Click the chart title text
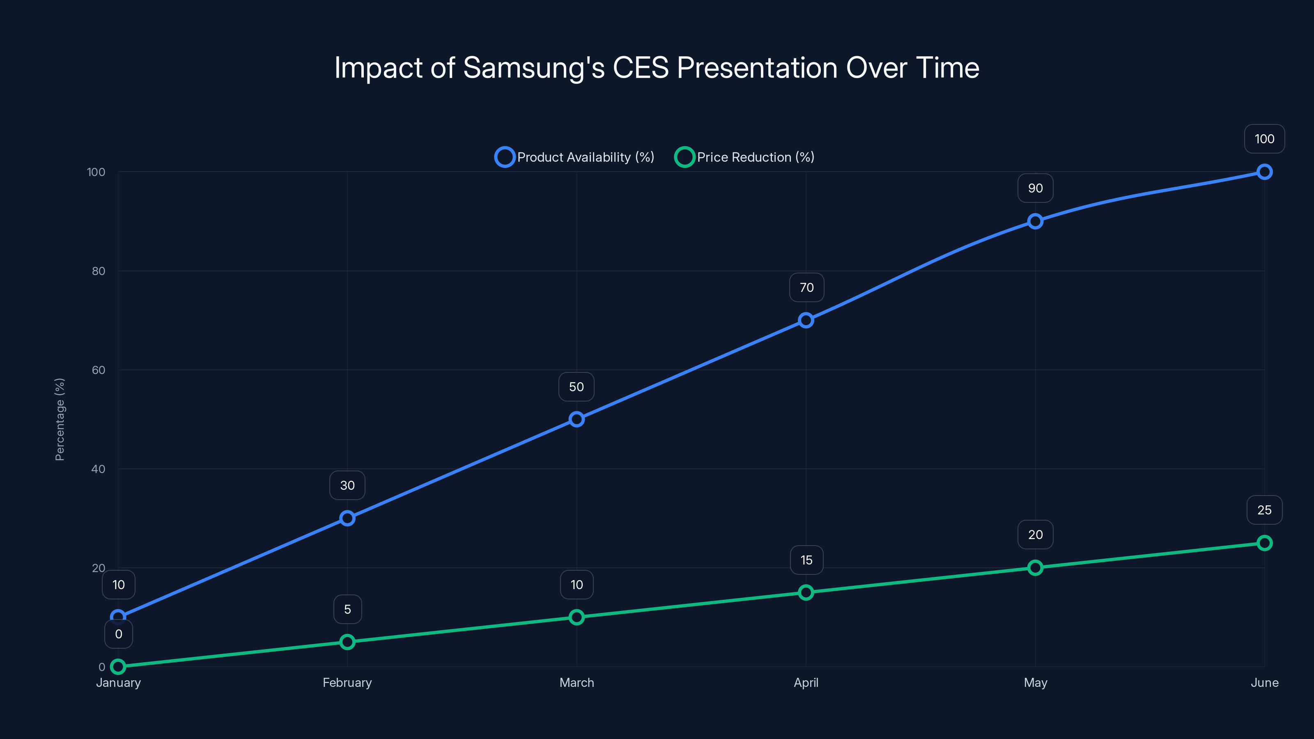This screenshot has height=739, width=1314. [x=657, y=68]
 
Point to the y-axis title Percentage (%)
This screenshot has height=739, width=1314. [x=60, y=419]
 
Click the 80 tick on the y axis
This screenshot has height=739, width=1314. [x=99, y=271]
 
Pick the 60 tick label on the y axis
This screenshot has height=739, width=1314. [x=99, y=370]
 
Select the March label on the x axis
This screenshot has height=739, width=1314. [x=577, y=682]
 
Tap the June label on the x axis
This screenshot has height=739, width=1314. [x=1264, y=682]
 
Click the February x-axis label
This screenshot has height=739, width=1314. [x=347, y=682]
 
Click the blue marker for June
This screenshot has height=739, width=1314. [x=1264, y=172]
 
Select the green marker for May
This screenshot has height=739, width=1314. [x=1035, y=568]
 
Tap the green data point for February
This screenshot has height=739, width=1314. [x=347, y=642]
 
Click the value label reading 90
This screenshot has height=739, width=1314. [x=1035, y=188]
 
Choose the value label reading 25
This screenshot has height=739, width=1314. [x=1264, y=510]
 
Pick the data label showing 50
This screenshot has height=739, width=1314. [x=577, y=387]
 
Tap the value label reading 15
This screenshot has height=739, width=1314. [x=806, y=560]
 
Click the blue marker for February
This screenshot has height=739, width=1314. [x=347, y=518]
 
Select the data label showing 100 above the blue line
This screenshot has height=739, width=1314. [x=1264, y=139]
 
